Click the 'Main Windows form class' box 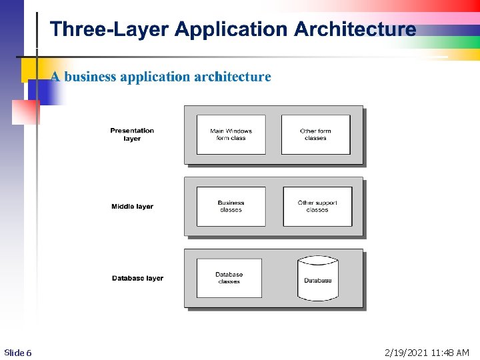pyautogui.click(x=231, y=135)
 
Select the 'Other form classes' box pyautogui.click(x=315, y=135)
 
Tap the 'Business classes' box pyautogui.click(x=231, y=207)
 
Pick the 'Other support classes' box pyautogui.click(x=317, y=207)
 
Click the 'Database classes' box pyautogui.click(x=229, y=278)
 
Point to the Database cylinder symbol pyautogui.click(x=318, y=278)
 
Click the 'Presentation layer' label pyautogui.click(x=132, y=135)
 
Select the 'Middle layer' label pyautogui.click(x=132, y=207)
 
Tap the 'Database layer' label pyautogui.click(x=137, y=278)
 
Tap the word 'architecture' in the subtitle pyautogui.click(x=233, y=77)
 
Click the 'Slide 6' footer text pyautogui.click(x=18, y=353)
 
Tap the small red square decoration pyautogui.click(x=26, y=112)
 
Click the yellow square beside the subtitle pyautogui.click(x=29, y=69)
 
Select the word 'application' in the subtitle pyautogui.click(x=155, y=77)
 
